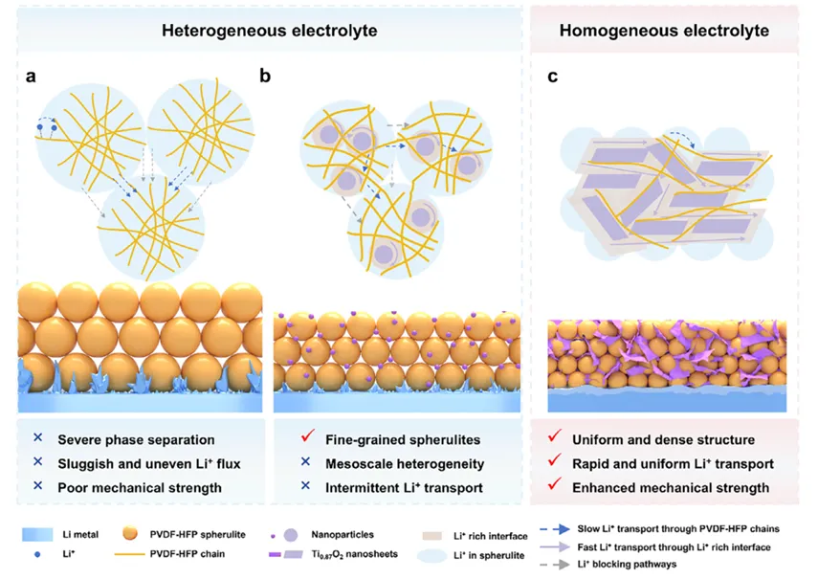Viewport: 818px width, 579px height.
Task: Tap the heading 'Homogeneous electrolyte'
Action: click(676, 31)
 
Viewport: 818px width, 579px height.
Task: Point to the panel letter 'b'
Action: click(265, 76)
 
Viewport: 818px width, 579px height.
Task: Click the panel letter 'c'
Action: click(552, 76)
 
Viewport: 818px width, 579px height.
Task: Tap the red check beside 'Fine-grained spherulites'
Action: click(298, 439)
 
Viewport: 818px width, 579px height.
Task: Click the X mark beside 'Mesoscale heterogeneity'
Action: click(298, 463)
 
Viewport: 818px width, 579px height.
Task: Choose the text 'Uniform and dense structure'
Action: click(663, 439)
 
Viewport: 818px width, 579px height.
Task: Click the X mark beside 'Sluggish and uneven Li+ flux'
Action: click(37, 463)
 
